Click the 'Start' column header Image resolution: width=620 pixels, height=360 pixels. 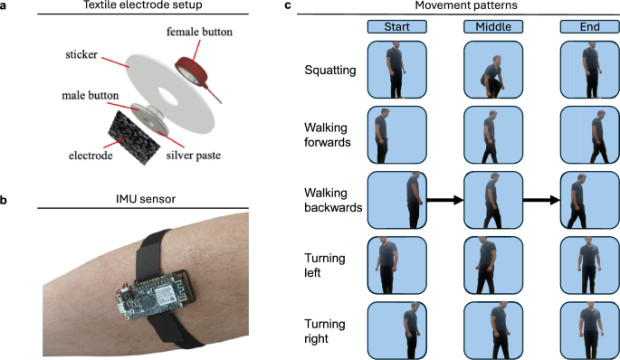[396, 27]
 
